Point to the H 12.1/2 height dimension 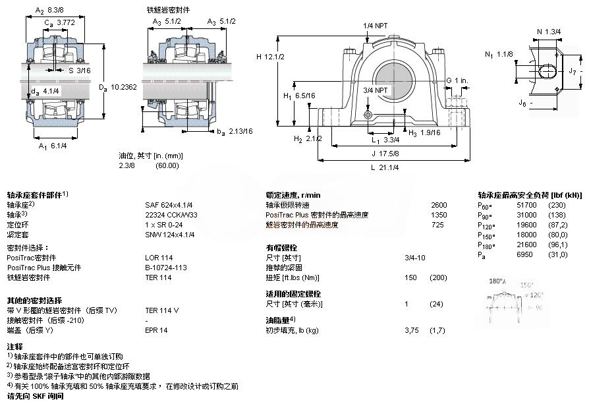click(x=270, y=57)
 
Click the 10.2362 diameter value click(x=123, y=86)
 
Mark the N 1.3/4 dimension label click(x=548, y=30)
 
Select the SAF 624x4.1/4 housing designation click(x=169, y=205)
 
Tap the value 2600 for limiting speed click(x=438, y=205)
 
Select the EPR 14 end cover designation click(x=157, y=330)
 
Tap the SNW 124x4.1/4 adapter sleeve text click(x=169, y=234)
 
